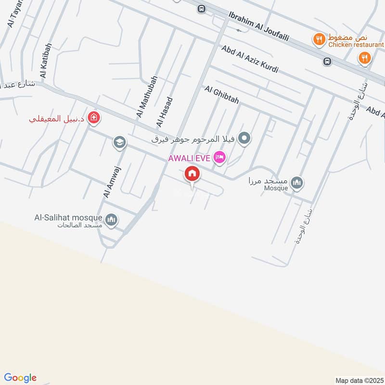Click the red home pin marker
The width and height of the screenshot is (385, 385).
point(192,174)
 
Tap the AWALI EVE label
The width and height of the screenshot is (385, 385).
point(189,158)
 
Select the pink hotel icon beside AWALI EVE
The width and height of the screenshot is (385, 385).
point(219,157)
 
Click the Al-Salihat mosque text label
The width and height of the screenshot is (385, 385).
point(68,218)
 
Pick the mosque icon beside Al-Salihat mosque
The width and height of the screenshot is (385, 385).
point(112,220)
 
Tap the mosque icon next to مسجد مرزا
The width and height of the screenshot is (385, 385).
point(298,182)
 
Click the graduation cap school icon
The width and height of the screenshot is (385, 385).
point(119,142)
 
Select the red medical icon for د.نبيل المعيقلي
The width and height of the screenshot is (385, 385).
point(93,117)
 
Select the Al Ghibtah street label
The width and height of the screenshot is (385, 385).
point(221,95)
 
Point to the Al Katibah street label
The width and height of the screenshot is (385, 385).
point(46,61)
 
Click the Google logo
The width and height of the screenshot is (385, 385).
point(20,377)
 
